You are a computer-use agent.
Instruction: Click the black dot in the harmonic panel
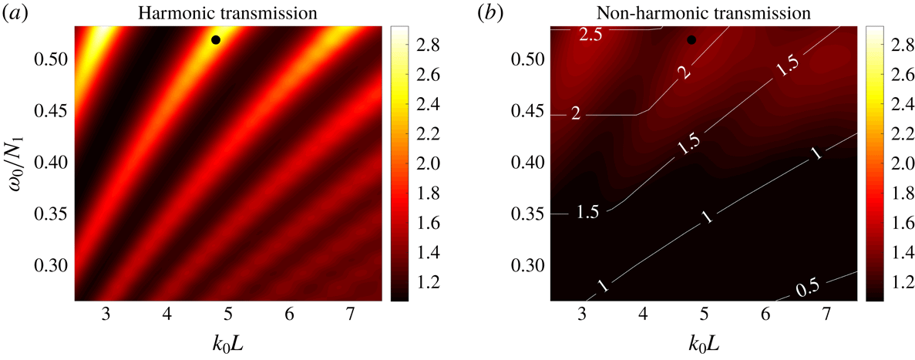point(216,39)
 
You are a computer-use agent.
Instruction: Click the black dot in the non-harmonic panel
point(691,39)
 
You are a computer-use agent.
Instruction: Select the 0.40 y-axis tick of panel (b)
point(527,163)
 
